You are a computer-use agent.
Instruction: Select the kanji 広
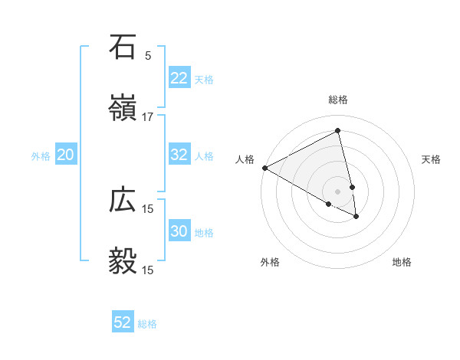[x=123, y=200]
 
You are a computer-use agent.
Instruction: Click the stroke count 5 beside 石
[x=148, y=55]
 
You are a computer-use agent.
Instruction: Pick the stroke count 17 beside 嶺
[x=148, y=117]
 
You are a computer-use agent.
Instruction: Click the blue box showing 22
[x=179, y=78]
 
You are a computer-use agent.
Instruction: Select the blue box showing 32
[x=179, y=155]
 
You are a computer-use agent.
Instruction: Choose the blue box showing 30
[x=179, y=231]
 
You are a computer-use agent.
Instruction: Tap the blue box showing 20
[x=66, y=155]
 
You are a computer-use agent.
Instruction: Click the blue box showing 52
[x=123, y=322]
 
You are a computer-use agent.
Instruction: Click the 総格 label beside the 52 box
[x=147, y=324]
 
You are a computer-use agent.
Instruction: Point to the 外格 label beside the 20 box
[x=41, y=156]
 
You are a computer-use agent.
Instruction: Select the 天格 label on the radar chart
[x=432, y=159]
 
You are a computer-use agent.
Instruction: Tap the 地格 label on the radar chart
[x=402, y=262]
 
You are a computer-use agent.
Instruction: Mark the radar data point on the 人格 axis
[x=264, y=168]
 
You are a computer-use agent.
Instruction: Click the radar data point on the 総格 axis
[x=337, y=131]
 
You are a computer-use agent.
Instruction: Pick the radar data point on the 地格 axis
[x=356, y=217]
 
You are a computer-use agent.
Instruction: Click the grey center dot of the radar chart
[x=337, y=191]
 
